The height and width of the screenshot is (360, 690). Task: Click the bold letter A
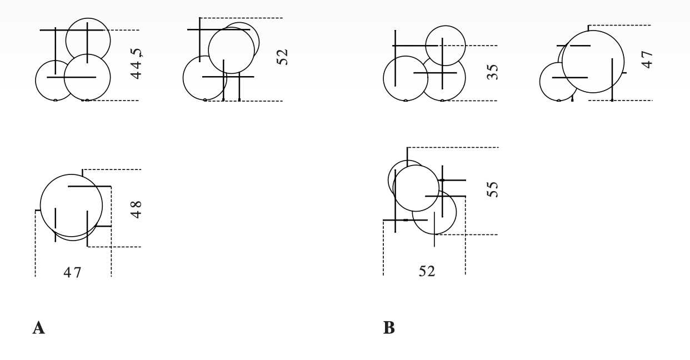tap(38, 328)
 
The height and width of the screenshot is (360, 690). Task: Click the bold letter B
tap(389, 328)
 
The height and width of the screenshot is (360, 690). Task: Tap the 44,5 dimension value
tap(136, 63)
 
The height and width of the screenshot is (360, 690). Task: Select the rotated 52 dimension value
tap(282, 57)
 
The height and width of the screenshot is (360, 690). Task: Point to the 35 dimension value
tap(492, 72)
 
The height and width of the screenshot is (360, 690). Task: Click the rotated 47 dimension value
tap(647, 60)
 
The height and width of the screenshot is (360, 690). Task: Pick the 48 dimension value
tap(136, 209)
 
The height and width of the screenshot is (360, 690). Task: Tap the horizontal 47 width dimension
tap(72, 273)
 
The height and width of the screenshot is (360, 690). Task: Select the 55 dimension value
tap(492, 189)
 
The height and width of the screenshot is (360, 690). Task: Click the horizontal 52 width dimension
tap(427, 271)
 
